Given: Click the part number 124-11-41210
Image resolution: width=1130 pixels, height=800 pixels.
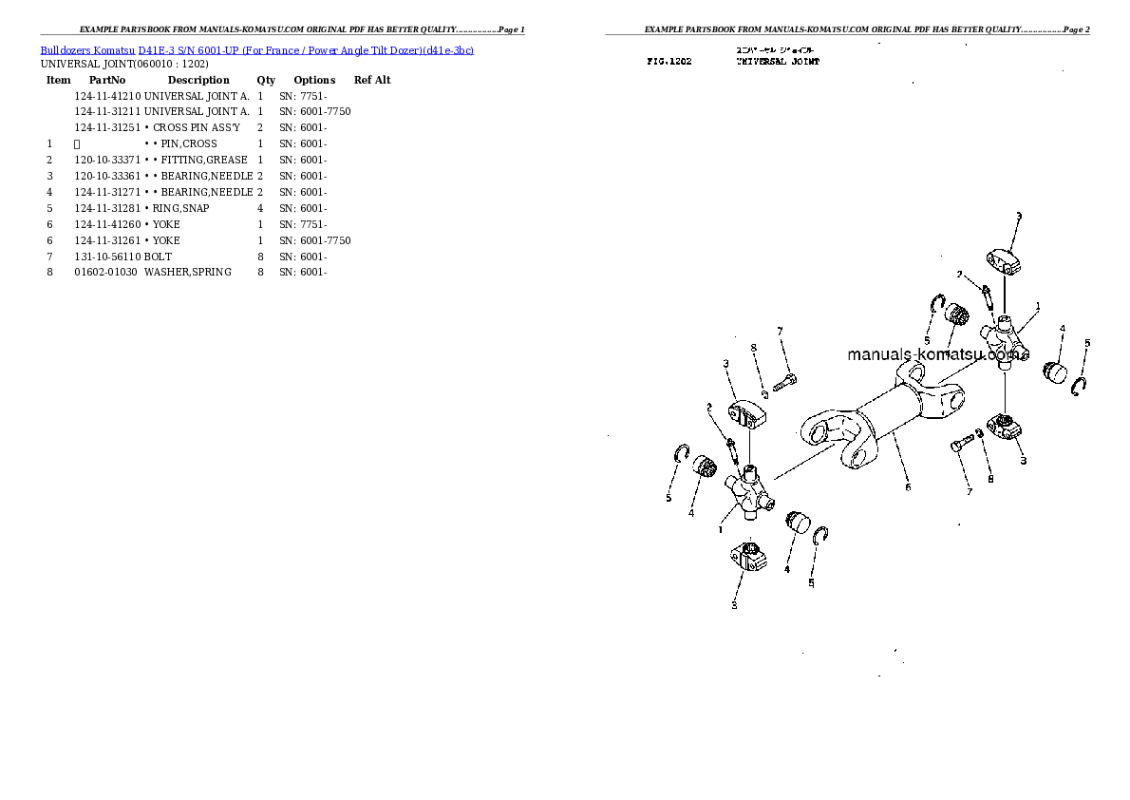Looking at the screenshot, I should pyautogui.click(x=107, y=96).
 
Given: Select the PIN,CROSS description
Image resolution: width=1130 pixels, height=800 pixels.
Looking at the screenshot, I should pyautogui.click(x=185, y=143).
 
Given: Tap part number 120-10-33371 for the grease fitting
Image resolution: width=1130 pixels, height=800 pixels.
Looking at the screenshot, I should pyautogui.click(x=107, y=160).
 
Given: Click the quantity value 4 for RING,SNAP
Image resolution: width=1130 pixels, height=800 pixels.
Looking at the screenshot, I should pyautogui.click(x=259, y=208).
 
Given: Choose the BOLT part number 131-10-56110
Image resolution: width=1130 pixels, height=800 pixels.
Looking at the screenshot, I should pyautogui.click(x=107, y=257).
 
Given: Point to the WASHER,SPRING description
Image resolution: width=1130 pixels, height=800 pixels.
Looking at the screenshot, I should pyautogui.click(x=188, y=273).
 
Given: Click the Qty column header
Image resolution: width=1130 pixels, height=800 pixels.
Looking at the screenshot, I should pyautogui.click(x=266, y=80).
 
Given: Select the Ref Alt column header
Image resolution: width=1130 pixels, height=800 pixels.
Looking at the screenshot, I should pyautogui.click(x=372, y=80).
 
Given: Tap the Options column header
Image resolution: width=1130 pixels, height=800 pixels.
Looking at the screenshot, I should pyautogui.click(x=314, y=80).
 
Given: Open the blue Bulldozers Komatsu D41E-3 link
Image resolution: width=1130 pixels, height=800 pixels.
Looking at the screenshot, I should pyautogui.click(x=256, y=49).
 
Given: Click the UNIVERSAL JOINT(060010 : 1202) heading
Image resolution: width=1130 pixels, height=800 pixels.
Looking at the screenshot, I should pyautogui.click(x=124, y=64).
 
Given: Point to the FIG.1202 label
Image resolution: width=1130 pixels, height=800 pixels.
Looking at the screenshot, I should pyautogui.click(x=669, y=61).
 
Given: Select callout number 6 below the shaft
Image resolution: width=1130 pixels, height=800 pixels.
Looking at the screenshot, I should pyautogui.click(x=908, y=487).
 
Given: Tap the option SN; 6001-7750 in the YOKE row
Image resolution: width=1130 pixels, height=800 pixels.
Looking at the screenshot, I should pyautogui.click(x=314, y=240).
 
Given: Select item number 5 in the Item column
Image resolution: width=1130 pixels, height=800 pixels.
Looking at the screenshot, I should pyautogui.click(x=49, y=208).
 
